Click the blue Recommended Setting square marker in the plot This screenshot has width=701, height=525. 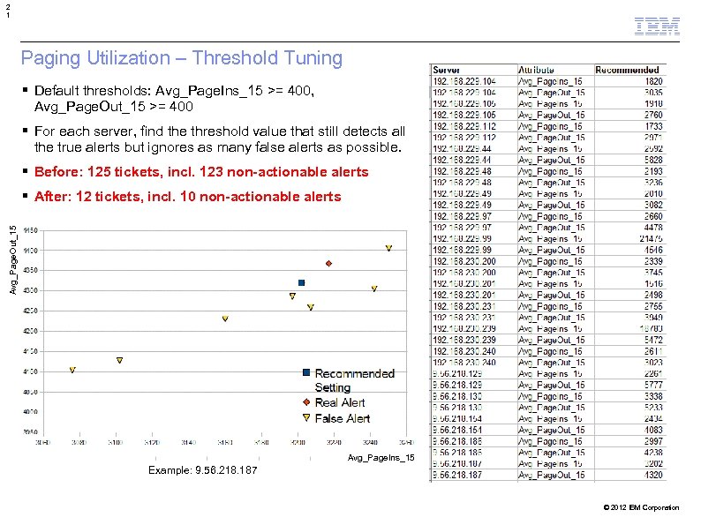click(x=301, y=282)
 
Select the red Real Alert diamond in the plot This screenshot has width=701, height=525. click(x=328, y=264)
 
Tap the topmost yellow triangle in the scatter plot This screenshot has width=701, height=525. click(x=388, y=248)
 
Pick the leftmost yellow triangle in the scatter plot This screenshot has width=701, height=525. click(x=72, y=371)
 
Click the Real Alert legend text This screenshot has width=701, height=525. click(x=340, y=402)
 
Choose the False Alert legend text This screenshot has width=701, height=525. click(x=343, y=418)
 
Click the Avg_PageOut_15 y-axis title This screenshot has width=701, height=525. click(x=13, y=260)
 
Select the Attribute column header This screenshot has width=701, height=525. click(x=537, y=70)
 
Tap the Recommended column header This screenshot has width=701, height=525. click(x=627, y=70)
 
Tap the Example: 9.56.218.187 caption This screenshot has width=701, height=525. click(x=203, y=470)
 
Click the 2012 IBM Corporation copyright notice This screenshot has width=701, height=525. click(x=642, y=507)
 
